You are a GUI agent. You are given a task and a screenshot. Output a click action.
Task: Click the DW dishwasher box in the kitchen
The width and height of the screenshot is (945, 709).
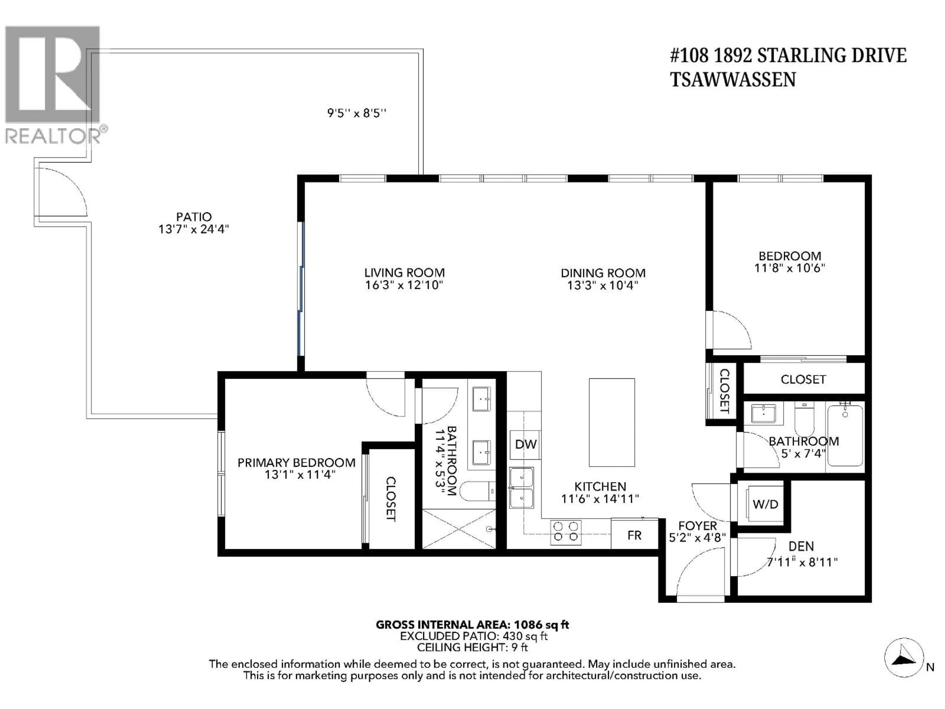tap(525, 444)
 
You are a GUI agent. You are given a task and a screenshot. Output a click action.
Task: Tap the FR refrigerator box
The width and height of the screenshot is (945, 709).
tap(634, 535)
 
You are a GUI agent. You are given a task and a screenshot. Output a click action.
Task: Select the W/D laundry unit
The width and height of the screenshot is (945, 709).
tap(765, 504)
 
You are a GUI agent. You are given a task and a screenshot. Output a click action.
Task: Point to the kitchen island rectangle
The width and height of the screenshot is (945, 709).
tap(612, 422)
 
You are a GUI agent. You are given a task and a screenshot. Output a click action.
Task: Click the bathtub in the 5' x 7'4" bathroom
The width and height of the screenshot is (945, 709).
tap(845, 436)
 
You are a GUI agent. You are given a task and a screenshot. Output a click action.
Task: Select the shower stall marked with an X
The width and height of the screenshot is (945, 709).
tap(459, 529)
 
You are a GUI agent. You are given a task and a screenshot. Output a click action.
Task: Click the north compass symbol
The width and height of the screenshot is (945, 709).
tap(904, 658)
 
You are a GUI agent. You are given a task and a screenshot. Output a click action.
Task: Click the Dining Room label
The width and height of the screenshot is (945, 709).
tap(603, 273)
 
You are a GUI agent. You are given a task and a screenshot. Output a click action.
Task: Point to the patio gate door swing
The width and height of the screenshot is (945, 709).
tap(62, 192)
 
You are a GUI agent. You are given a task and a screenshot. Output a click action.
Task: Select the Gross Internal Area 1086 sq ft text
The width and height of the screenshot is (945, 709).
tap(472, 625)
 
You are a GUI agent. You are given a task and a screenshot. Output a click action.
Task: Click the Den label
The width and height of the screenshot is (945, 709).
tap(801, 546)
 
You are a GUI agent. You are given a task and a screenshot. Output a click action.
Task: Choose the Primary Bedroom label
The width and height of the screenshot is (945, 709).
tap(296, 463)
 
